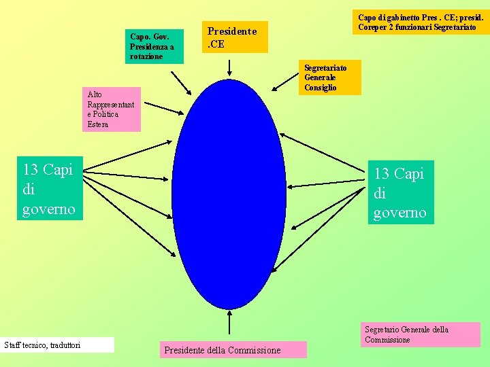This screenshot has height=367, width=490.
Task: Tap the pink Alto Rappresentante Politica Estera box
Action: [x=112, y=109]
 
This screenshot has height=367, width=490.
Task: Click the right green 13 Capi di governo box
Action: [x=400, y=193]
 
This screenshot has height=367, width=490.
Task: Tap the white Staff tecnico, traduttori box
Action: [x=58, y=345]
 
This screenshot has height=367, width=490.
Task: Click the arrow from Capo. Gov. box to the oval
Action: [x=182, y=86]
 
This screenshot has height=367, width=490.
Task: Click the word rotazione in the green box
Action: [x=146, y=56]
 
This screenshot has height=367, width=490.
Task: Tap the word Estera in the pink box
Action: [x=98, y=124]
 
